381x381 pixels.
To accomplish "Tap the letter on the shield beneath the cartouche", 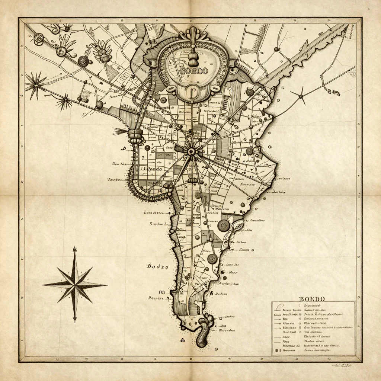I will (192, 92).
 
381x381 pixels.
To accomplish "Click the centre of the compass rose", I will (75, 285).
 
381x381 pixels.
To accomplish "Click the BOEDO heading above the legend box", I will (312, 299).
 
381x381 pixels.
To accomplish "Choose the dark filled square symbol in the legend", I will (277, 350).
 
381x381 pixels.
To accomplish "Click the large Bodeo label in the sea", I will (158, 266).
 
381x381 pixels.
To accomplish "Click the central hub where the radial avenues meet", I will (192, 151).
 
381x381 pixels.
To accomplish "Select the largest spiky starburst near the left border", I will (36, 85).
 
